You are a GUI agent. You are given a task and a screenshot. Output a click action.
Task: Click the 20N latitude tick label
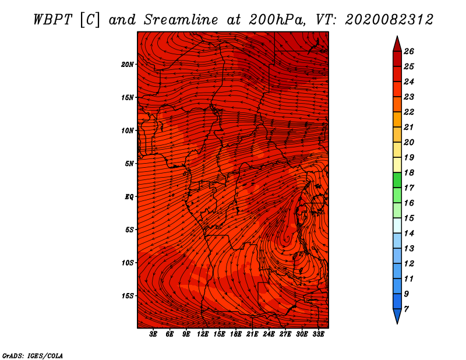tap(128, 65)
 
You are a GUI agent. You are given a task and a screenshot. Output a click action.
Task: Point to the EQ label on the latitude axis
tap(129, 197)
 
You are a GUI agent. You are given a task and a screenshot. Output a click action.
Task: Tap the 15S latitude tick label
tap(128, 296)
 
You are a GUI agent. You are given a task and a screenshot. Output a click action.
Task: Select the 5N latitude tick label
tap(129, 164)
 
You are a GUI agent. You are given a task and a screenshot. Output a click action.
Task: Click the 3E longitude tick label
tap(153, 334)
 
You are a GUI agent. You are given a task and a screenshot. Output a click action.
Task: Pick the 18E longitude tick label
tap(236, 334)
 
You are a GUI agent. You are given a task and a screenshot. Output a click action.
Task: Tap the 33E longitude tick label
tap(318, 334)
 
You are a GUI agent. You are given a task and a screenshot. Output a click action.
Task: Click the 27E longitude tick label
tap(285, 334)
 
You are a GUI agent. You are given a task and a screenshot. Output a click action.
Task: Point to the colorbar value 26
tap(409, 51)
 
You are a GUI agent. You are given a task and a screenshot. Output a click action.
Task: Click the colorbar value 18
tap(409, 172)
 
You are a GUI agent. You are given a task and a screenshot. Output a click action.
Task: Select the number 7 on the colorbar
tap(406, 309)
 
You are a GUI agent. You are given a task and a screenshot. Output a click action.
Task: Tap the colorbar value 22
tap(409, 112)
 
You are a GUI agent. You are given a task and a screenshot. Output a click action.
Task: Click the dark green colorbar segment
tap(397, 180)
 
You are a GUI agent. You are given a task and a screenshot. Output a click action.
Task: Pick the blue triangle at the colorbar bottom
tap(397, 315)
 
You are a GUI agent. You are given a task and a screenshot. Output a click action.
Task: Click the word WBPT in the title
tap(52, 20)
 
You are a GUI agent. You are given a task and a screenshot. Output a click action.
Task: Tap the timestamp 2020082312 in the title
tap(389, 20)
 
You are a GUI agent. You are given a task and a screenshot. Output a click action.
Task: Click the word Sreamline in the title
tap(181, 20)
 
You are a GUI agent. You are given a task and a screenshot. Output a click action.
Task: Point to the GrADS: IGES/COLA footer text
tap(33, 356)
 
